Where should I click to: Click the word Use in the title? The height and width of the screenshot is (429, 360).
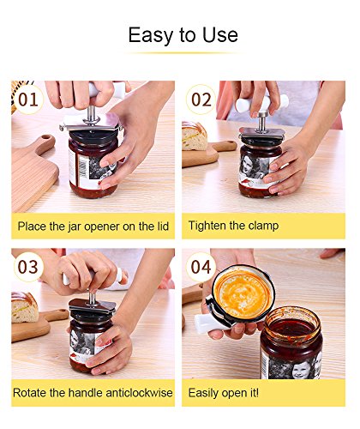coord(220,35)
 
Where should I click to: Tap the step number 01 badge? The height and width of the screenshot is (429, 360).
coord(28,100)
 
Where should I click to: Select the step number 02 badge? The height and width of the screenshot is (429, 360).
coord(201,100)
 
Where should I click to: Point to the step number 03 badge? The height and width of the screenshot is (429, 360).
coord(28,267)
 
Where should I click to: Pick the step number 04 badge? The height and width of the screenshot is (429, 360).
coord(201,267)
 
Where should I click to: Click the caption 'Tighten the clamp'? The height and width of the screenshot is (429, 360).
coord(233,226)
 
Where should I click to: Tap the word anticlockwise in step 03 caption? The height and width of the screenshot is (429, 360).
coord(139,393)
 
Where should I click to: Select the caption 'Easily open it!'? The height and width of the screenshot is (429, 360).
coord(224,393)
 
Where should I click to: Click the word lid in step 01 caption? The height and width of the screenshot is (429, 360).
coord(163,227)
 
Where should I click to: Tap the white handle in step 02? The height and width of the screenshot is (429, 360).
coord(261,102)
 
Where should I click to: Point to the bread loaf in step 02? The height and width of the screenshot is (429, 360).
coord(194,136)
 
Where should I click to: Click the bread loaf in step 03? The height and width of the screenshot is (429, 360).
coord(24,307)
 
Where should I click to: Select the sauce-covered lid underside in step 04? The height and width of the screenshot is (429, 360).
coord(243,294)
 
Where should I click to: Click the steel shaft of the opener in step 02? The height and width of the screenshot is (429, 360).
coord(261,122)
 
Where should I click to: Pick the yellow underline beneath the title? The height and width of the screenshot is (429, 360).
coord(183,53)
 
